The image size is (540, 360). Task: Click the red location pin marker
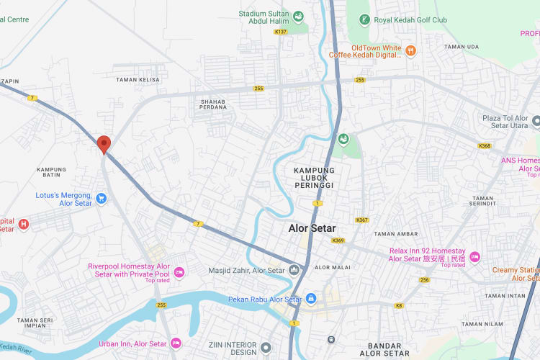(x=104, y=145)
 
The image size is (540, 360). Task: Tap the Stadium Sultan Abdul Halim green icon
(x=297, y=17)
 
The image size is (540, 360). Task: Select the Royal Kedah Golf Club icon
(x=365, y=19)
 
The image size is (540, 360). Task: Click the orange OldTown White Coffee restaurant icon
(x=410, y=50)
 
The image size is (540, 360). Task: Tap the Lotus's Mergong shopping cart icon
(x=102, y=198)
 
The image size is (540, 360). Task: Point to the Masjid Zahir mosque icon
(x=294, y=270)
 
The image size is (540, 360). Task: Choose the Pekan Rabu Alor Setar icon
(x=310, y=299)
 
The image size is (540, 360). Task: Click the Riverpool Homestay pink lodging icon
(x=179, y=271)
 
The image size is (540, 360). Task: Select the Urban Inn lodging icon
(x=176, y=343)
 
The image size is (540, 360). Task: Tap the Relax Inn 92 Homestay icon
(x=474, y=257)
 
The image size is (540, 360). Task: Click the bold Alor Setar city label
(x=312, y=228)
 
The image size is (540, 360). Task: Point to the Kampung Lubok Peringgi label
(x=314, y=178)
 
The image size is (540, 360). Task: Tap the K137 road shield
(x=281, y=32)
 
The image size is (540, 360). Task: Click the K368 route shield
(x=484, y=145)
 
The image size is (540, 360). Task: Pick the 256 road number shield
(x=425, y=279)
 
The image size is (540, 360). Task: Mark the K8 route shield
(x=399, y=305)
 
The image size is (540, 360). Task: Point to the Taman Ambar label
(x=396, y=233)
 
